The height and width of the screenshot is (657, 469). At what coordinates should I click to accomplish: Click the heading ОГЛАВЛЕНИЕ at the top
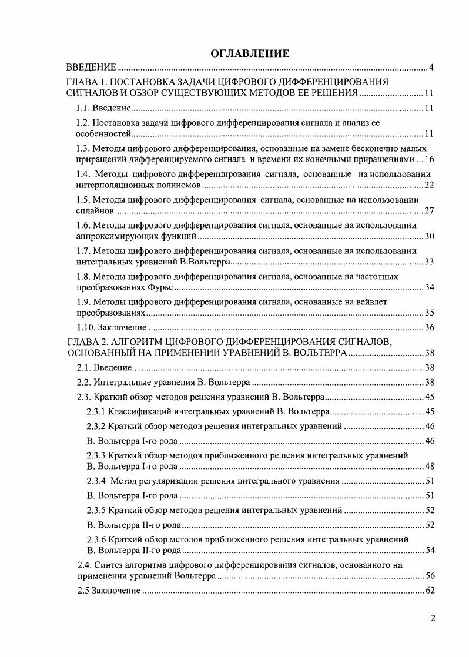coord(250,54)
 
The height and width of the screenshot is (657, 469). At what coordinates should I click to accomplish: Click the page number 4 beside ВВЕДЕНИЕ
coord(431,68)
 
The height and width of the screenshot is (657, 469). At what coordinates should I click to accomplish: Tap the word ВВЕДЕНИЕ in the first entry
coord(91,68)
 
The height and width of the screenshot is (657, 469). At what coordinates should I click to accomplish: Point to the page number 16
coord(428,160)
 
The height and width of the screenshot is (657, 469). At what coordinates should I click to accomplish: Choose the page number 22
coord(428,185)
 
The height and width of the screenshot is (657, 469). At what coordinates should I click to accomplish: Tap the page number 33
coord(428,262)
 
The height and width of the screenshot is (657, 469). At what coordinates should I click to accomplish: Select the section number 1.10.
coord(86,327)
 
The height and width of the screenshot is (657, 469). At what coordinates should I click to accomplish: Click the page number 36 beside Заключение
coord(428,327)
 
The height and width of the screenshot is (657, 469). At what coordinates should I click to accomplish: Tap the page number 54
coord(428,551)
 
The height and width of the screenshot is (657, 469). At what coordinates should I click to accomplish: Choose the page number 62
coord(428,591)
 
